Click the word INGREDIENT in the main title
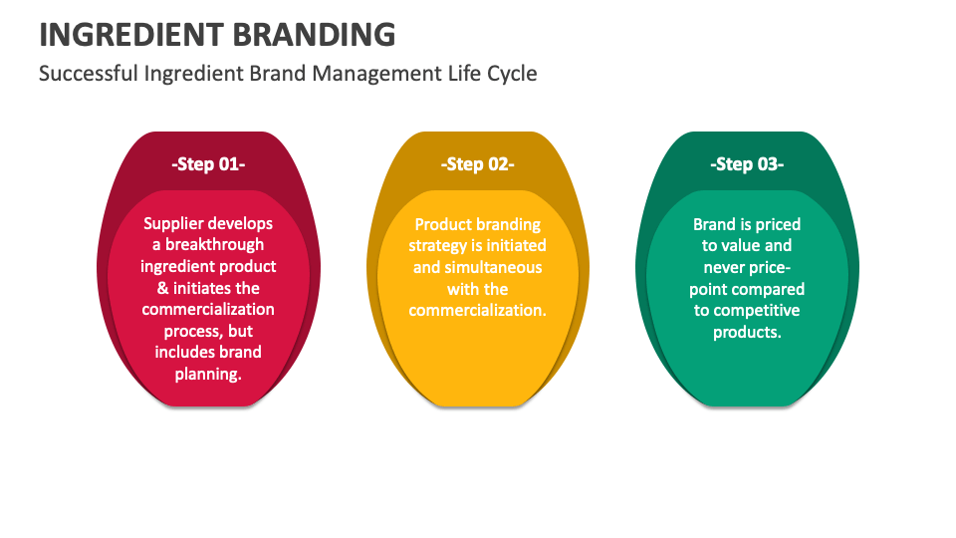tap(129, 34)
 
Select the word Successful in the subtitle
tap(88, 74)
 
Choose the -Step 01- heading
tap(208, 164)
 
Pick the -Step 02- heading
tap(477, 164)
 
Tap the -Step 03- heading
tap(746, 164)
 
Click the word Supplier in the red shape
tap(176, 223)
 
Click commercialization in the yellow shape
tap(477, 310)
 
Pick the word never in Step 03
tap(725, 267)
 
